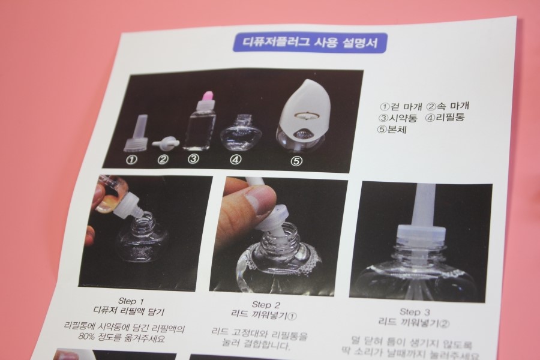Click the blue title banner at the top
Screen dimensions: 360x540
[x=310, y=43]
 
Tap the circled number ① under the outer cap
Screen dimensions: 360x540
[x=131, y=160]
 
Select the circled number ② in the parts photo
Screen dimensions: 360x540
[x=163, y=159]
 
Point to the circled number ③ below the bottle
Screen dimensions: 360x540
[x=193, y=159]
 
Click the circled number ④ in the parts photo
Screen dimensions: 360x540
[x=236, y=160]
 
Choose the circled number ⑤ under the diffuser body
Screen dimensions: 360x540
[x=296, y=160]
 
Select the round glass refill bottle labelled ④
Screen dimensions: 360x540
[x=235, y=134]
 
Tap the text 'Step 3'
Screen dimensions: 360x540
[x=415, y=312]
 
